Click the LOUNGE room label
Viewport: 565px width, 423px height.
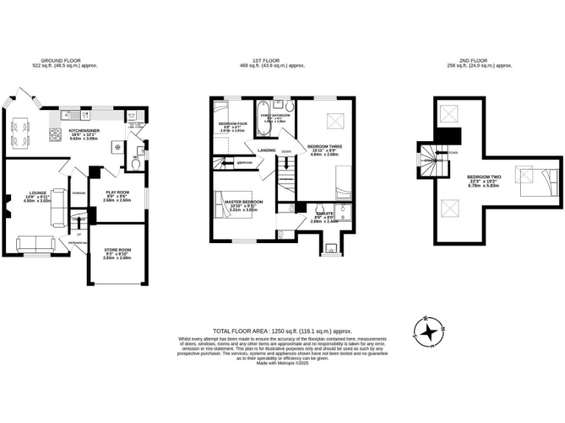tap(38, 194)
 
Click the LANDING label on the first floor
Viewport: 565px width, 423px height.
tap(266, 150)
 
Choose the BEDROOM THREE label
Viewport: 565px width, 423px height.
tap(323, 148)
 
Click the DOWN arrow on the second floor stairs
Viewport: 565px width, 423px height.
tap(452, 153)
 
